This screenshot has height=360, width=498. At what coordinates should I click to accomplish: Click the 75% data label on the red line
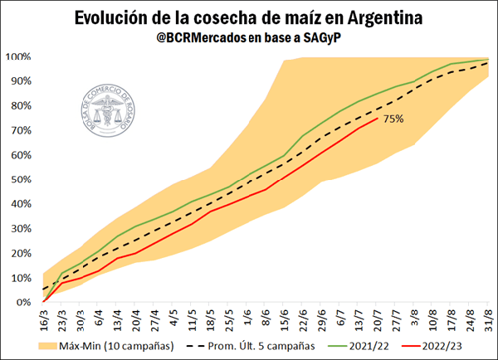tap(393, 119)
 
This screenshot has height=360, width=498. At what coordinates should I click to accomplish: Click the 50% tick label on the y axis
tap(20, 180)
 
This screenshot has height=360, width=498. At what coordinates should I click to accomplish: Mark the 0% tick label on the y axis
tap(23, 303)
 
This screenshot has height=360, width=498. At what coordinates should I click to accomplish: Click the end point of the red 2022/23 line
tap(378, 119)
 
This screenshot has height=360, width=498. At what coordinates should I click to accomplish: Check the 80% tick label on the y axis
tap(20, 106)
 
